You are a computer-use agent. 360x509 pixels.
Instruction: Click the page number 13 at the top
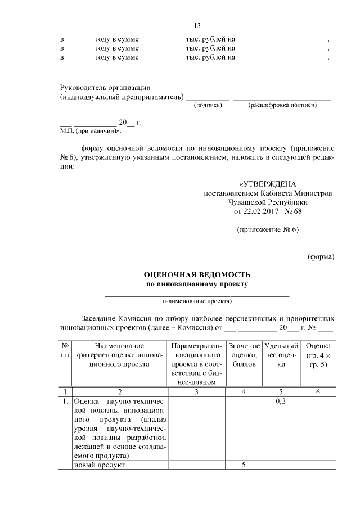click(197, 26)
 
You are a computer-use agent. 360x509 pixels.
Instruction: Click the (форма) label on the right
click(321, 257)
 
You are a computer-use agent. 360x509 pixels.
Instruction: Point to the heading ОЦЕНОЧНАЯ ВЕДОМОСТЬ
click(197, 275)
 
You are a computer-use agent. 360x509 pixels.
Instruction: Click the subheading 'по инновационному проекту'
click(197, 285)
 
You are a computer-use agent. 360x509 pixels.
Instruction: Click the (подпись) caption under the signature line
click(208, 105)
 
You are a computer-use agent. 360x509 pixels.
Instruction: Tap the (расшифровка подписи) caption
click(282, 105)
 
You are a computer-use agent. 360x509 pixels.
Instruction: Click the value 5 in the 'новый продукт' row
click(244, 465)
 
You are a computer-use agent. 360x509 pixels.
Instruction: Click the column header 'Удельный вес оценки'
click(281, 355)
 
